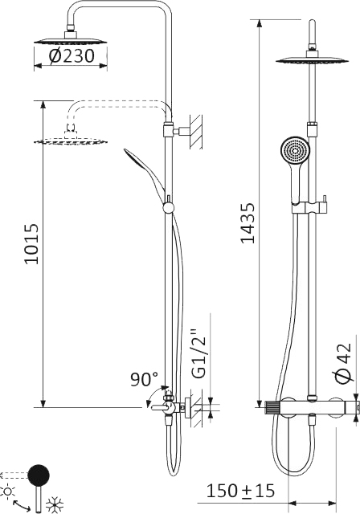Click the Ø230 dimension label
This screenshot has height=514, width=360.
(x=72, y=56)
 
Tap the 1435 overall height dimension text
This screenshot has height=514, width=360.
(x=248, y=223)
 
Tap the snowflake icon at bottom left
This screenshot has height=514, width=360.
(x=55, y=505)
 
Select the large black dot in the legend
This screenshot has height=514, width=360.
(x=38, y=475)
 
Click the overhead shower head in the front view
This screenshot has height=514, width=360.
(x=308, y=59)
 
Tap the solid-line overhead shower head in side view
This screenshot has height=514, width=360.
(x=72, y=39)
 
